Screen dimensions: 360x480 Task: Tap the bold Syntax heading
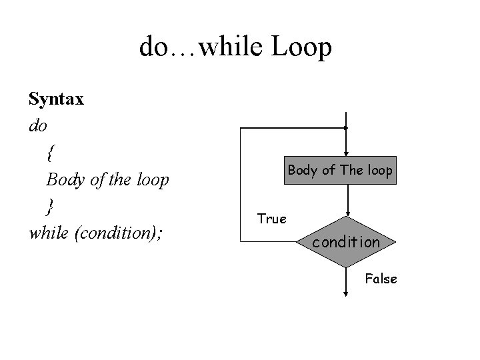pos(56,100)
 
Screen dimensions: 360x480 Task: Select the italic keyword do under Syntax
pos(39,125)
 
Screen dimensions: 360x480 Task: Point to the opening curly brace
pos(51,153)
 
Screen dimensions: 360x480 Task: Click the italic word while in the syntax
pos(49,233)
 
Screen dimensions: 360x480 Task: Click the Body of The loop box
pos(340,170)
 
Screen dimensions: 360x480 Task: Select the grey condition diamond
pos(346,242)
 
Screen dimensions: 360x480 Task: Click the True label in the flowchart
pos(271,219)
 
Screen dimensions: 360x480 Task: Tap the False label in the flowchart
pos(381,279)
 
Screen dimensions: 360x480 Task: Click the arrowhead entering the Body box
pos(346,153)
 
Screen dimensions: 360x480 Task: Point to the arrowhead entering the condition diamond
pos(347,212)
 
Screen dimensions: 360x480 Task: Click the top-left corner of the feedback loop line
pos(241,127)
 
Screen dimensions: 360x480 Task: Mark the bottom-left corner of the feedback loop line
pos(241,242)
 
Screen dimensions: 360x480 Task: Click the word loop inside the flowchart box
pos(379,170)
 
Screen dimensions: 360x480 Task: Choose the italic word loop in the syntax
pos(151,180)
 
